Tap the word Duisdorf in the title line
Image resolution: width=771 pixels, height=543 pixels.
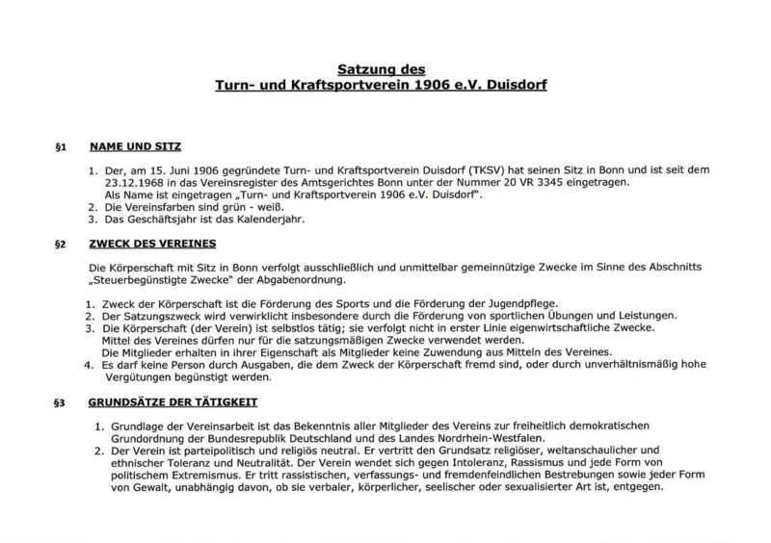tap(514, 85)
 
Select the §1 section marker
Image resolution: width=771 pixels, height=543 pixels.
tap(60, 149)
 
